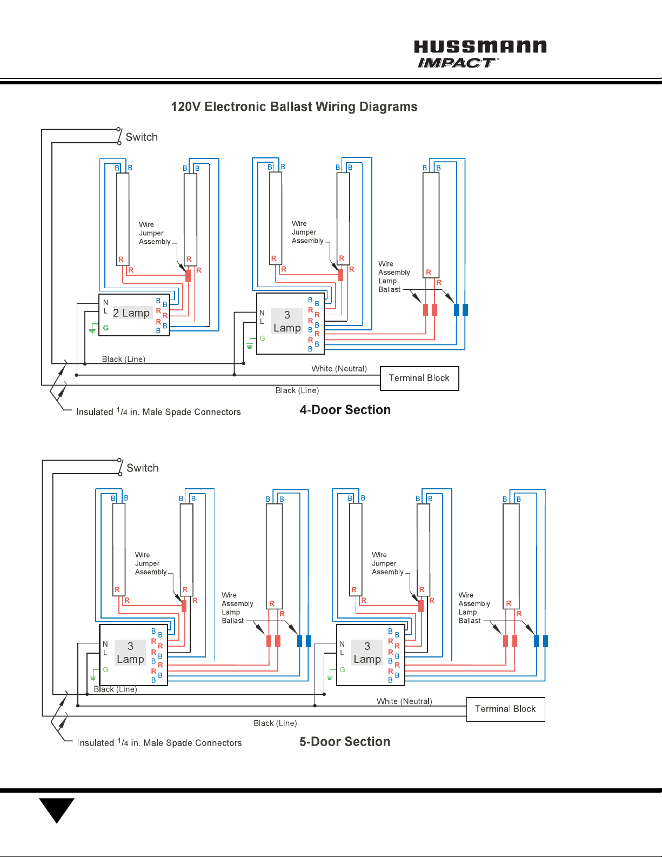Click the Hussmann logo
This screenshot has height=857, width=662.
480,46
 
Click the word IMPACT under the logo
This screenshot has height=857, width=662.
457,63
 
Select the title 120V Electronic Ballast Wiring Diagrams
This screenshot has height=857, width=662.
294,107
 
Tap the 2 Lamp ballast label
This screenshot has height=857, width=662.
131,313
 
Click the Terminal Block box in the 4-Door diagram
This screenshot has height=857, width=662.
419,378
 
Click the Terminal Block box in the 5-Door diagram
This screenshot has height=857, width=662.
506,709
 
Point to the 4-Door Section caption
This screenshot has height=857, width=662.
345,410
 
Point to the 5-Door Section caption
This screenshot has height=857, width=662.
345,741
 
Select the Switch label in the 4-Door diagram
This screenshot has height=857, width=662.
142,137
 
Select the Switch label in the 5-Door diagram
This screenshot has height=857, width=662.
143,468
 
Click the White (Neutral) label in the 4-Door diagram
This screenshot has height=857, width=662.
339,368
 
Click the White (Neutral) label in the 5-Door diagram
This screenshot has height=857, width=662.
404,701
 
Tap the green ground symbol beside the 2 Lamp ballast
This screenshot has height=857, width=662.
92,330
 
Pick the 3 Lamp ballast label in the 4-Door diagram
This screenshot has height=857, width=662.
287,321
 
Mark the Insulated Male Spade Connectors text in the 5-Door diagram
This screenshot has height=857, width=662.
159,742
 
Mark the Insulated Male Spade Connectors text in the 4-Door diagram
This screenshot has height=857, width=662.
158,412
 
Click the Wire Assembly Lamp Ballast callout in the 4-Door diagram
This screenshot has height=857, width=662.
393,276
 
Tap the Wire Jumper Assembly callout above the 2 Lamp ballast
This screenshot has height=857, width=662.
155,233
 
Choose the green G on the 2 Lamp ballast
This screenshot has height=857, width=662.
105,328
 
